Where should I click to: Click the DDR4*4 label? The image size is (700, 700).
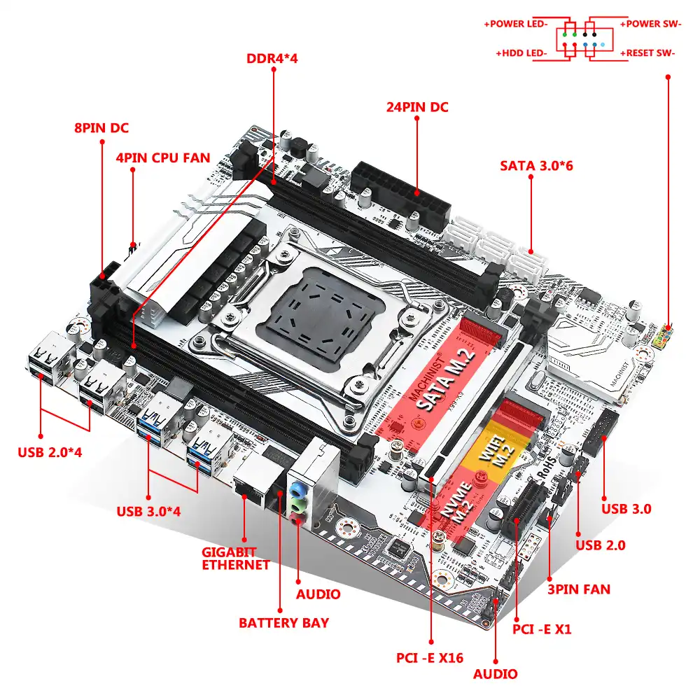click(272, 58)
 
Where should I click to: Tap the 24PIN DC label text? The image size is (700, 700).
click(417, 108)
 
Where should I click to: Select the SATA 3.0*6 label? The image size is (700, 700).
click(537, 166)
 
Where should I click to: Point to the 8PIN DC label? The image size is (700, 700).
click(101, 128)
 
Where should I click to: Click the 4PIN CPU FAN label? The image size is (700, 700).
click(162, 157)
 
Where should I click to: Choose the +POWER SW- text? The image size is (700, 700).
click(650, 24)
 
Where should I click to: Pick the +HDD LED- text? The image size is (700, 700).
click(521, 52)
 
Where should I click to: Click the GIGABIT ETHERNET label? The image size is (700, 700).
click(236, 558)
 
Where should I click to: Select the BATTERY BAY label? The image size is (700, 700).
click(283, 622)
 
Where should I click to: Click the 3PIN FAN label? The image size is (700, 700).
click(577, 589)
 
